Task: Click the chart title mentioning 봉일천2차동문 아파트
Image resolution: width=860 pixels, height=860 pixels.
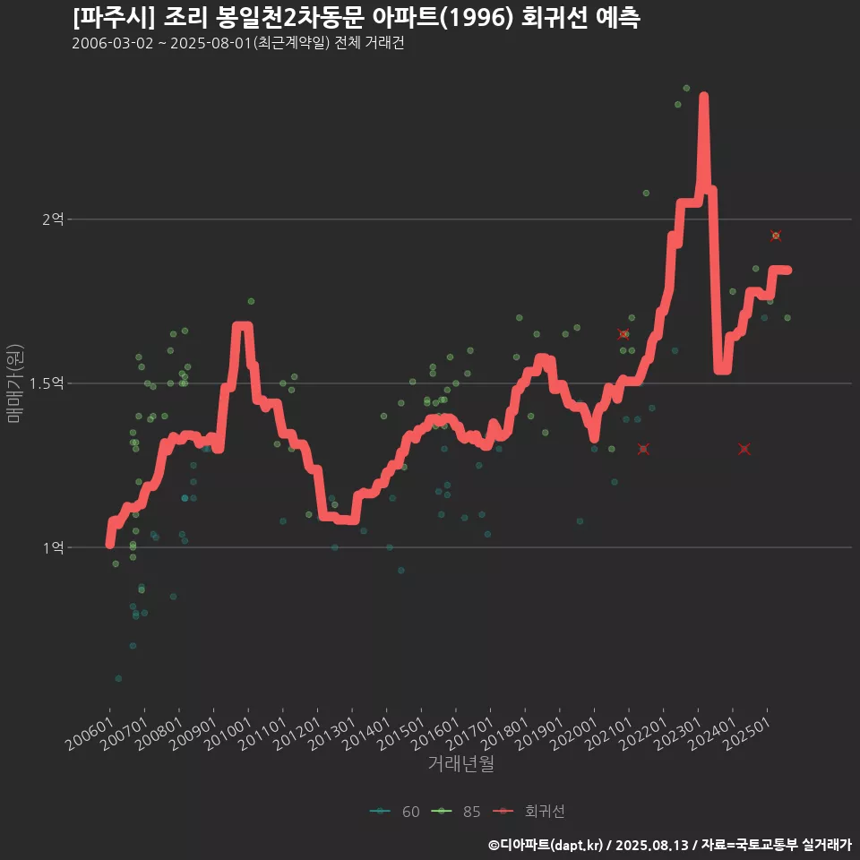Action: [356, 19]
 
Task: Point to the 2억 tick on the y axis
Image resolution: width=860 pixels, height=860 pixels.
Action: [54, 219]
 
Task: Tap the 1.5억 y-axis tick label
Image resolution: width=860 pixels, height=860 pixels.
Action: [48, 383]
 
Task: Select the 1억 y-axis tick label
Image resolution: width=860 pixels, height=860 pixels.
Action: [54, 547]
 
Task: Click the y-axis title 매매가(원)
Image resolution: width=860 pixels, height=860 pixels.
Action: [15, 383]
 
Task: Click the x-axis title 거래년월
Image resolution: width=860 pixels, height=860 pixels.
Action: [460, 763]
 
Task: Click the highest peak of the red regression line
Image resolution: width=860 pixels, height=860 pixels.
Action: [704, 96]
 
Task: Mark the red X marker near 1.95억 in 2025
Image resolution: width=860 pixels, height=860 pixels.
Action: [776, 236]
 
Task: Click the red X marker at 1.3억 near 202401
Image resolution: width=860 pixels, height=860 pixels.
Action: [744, 449]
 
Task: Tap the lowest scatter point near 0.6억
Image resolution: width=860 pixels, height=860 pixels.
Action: [118, 678]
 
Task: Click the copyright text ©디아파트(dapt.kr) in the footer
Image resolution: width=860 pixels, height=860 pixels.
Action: [546, 845]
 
